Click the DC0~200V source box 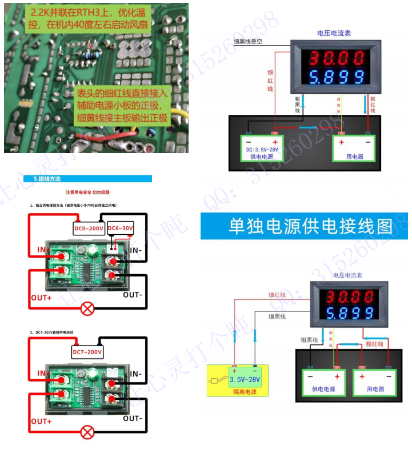pyautogui.click(x=89, y=228)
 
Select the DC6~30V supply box pyautogui.click(x=120, y=228)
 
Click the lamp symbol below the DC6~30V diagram pyautogui.click(x=87, y=309)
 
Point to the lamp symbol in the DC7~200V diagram pyautogui.click(x=87, y=432)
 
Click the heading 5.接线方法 pyautogui.click(x=47, y=179)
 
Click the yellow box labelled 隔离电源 pyautogui.click(x=244, y=379)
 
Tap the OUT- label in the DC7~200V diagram pyautogui.click(x=133, y=419)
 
